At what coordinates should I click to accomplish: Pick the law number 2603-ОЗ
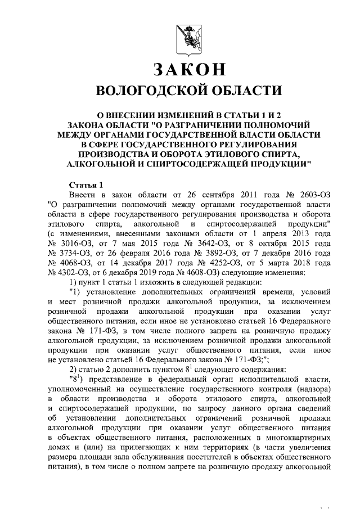[310, 195]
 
